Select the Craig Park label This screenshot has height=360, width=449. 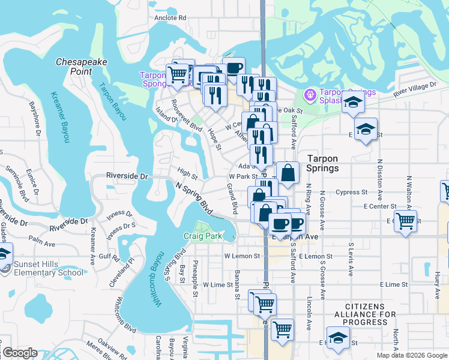pos(202,236)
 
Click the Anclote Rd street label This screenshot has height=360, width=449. pos(170,18)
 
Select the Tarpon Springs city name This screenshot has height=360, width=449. pos(322,163)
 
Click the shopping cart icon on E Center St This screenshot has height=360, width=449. pos(406,220)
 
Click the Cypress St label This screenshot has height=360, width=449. pos(352,193)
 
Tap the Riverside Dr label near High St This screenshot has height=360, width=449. pos(127,176)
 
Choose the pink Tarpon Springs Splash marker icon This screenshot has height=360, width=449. pos(310,94)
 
